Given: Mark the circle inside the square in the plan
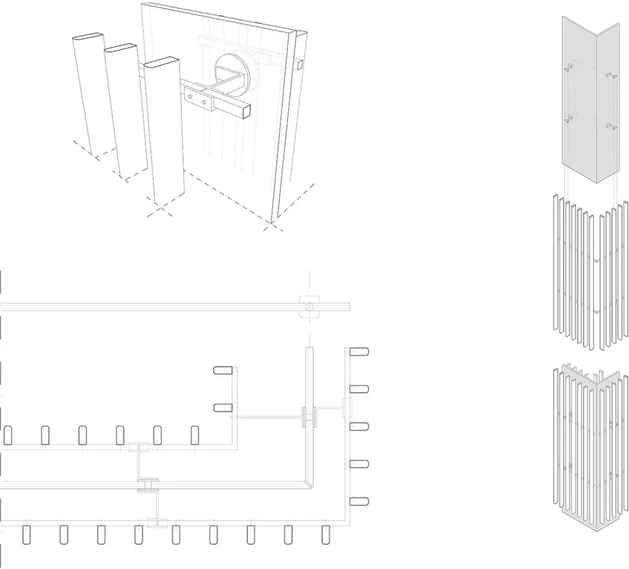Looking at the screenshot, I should [308, 307].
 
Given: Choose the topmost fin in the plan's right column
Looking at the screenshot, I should [359, 352].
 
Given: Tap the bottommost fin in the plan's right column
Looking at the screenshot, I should [359, 501].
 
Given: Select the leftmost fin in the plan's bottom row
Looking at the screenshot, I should [26, 534].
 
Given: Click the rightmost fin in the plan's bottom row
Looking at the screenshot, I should [325, 534].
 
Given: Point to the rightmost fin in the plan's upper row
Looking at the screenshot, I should [195, 434].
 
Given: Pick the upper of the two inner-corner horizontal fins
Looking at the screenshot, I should [223, 371].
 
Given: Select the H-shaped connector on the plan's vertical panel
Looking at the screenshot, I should [309, 417].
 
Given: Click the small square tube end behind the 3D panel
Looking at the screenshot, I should [299, 64].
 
